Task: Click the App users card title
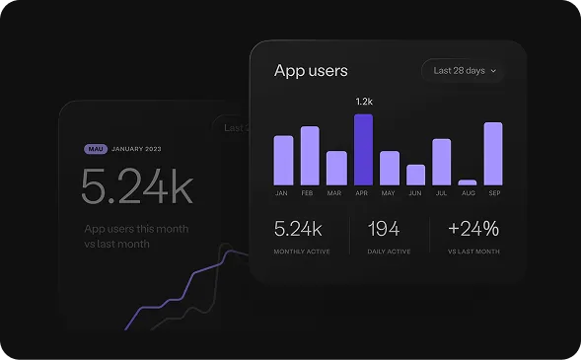pos(311,71)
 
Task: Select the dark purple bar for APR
pos(363,150)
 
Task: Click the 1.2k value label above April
pos(363,102)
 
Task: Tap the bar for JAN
pos(283,161)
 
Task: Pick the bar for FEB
pos(310,156)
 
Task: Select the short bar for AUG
pos(468,182)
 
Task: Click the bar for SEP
pos(493,154)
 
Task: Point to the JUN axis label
pos(415,193)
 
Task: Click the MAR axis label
pos(336,193)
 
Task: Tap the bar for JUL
pos(441,162)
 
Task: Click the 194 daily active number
pos(383,229)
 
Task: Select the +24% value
pos(472,229)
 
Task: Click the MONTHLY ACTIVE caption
pos(302,252)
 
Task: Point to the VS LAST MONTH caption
pos(472,252)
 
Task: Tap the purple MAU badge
pos(96,149)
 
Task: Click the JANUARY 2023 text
pos(137,149)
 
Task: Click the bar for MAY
pos(390,168)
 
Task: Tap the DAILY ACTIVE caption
pos(390,252)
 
